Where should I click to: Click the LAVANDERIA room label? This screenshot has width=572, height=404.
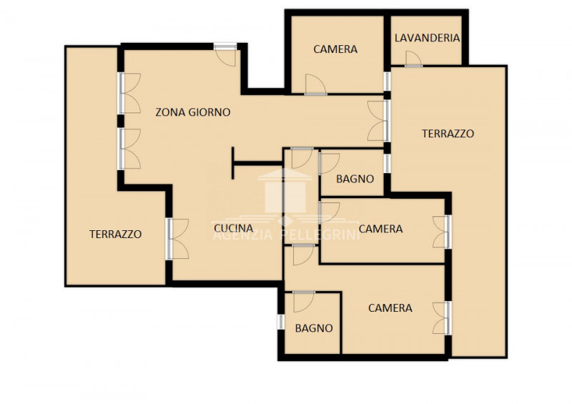coord(427,38)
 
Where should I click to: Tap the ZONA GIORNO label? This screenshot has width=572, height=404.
coord(193,112)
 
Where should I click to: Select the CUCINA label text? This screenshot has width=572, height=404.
coord(234,229)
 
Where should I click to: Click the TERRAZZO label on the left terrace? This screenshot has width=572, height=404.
coord(116,235)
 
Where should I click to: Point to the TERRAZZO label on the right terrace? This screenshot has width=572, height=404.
coord(448,134)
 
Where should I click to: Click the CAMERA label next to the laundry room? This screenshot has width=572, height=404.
coord(335,49)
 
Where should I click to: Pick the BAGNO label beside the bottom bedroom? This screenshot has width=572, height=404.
coord(314,328)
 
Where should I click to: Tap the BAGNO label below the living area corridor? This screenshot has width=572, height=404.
coord(355,179)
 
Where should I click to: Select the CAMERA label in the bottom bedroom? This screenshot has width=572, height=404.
coord(390,308)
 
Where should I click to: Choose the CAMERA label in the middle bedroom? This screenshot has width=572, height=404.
coord(381,229)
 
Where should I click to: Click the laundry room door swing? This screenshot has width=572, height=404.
coord(413,59)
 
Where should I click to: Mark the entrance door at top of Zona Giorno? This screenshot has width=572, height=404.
coord(225,55)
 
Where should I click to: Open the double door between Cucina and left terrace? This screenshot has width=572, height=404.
coord(177,239)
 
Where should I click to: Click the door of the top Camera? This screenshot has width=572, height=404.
coord(315,84)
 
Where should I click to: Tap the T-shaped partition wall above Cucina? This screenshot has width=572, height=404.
coord(255,164)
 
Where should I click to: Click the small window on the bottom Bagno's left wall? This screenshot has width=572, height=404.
coord(280,322)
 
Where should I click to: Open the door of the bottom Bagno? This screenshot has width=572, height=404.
coord(304,302)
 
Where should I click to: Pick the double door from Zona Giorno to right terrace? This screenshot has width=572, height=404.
coord(378,121)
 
